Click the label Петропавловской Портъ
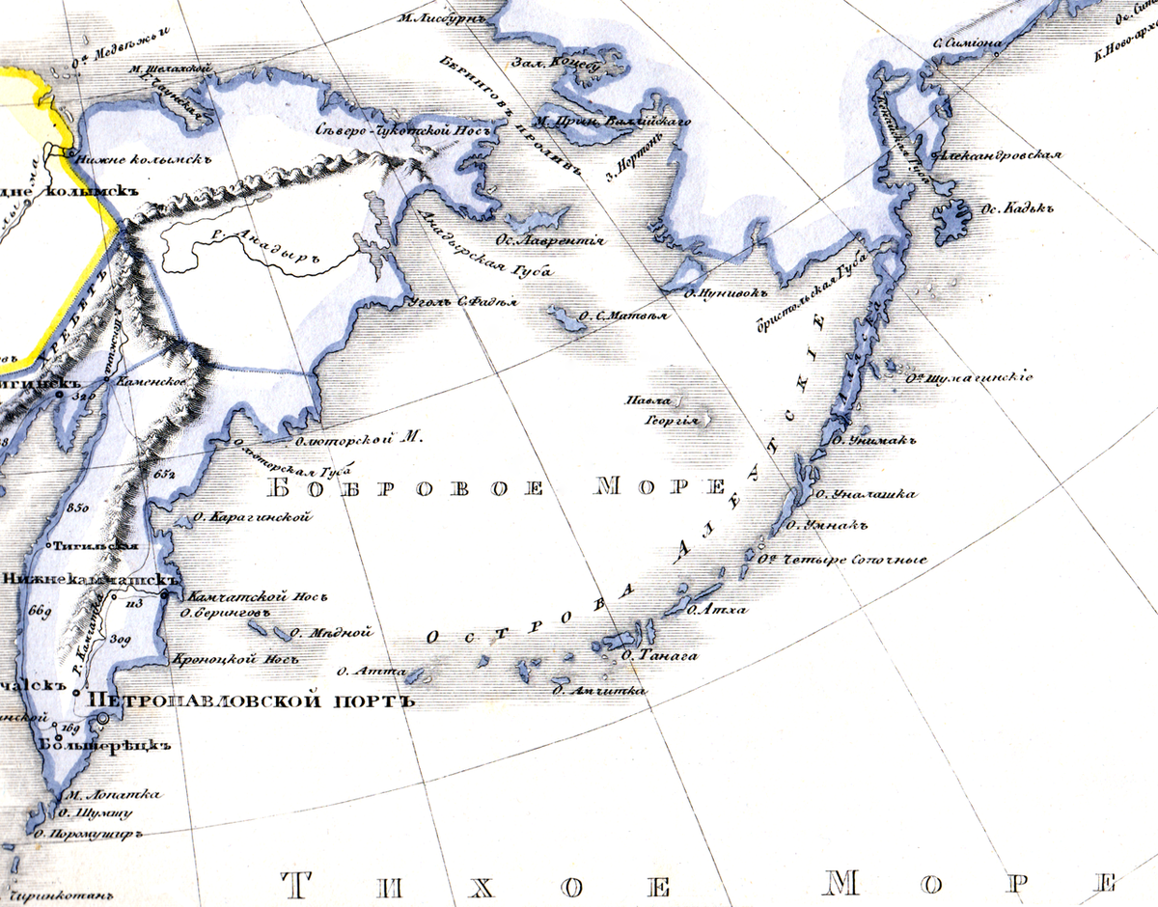tap(251, 701)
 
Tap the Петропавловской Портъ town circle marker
tap(103, 719)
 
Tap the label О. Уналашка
tap(866, 495)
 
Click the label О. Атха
tap(714, 610)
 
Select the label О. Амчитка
tap(598, 691)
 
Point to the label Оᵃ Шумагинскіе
tap(968, 377)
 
